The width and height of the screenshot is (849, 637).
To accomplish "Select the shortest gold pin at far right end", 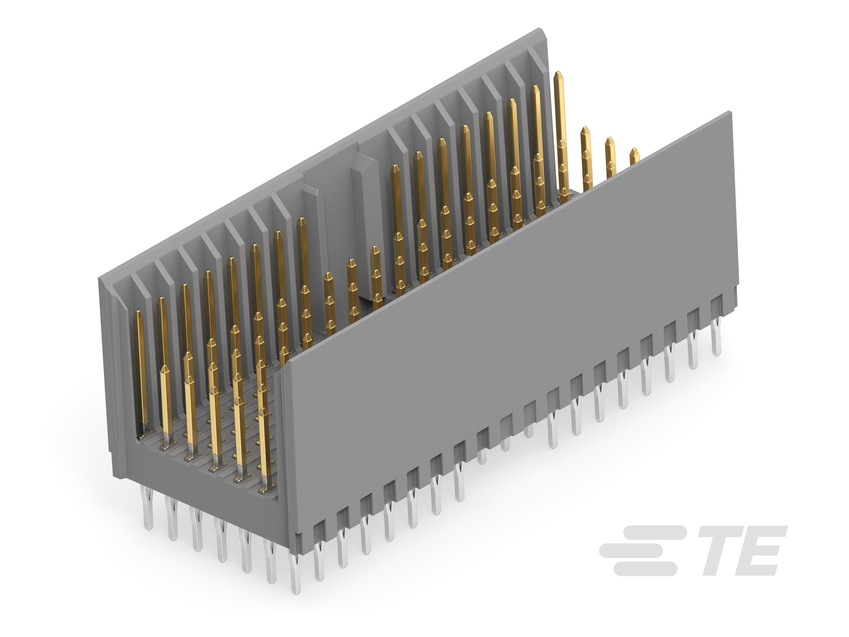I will tap(634, 155).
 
